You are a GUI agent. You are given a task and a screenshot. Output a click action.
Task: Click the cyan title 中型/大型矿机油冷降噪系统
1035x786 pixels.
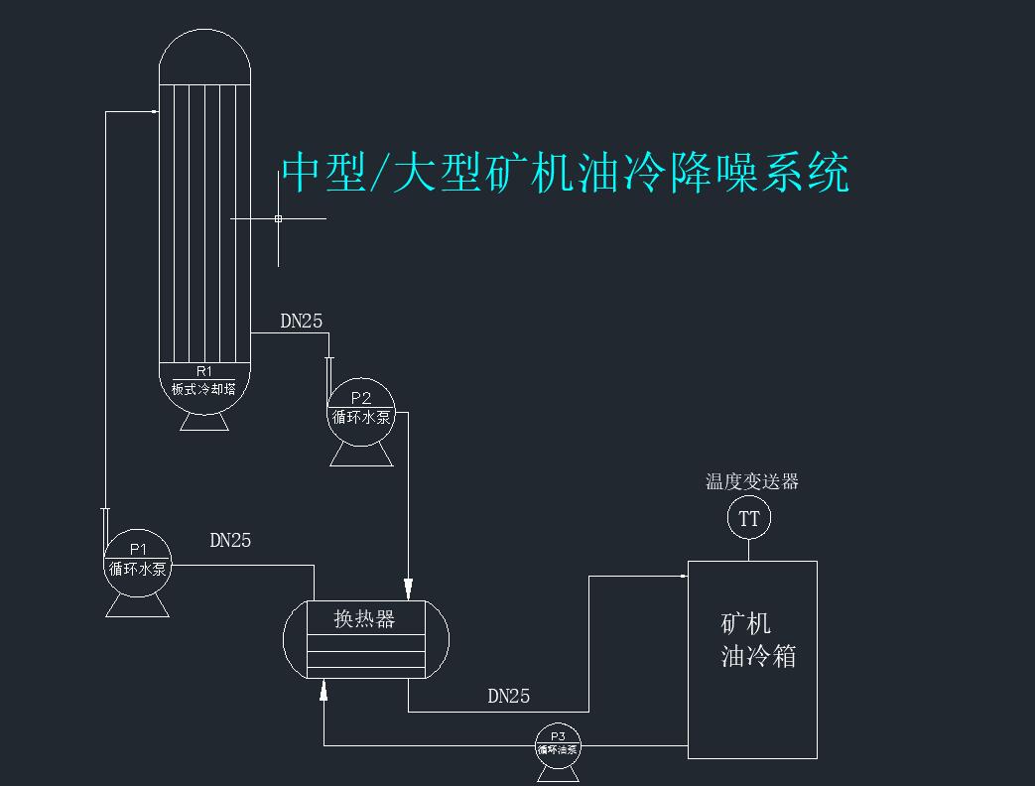tap(565, 173)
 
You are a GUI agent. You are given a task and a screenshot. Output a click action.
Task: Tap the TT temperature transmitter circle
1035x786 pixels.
tap(748, 518)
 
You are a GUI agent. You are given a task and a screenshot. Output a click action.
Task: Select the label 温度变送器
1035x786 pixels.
tap(752, 481)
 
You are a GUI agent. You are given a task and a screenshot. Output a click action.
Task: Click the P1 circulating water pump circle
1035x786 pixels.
tap(138, 563)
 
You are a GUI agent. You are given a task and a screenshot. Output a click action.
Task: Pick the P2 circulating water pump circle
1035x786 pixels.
tap(361, 412)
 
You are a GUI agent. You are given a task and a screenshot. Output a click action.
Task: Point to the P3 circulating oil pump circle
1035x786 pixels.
tap(558, 745)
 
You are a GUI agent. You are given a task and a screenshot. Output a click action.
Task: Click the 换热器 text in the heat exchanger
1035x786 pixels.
tap(364, 618)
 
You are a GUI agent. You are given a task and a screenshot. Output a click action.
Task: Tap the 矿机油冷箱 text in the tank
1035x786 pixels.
tap(758, 639)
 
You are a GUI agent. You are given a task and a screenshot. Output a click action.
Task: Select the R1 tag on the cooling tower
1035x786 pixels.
tap(204, 371)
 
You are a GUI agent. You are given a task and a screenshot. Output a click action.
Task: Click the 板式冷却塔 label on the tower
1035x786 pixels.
tap(203, 389)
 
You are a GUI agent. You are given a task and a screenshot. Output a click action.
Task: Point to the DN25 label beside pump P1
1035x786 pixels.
tap(230, 541)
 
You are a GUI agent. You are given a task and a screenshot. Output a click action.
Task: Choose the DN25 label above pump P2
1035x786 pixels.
tap(302, 321)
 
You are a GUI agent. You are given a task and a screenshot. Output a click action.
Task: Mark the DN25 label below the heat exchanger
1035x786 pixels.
tap(508, 696)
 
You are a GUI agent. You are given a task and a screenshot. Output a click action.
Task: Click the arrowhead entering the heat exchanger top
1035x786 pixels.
tap(409, 589)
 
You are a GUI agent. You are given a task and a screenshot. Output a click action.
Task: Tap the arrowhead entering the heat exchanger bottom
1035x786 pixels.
tap(323, 690)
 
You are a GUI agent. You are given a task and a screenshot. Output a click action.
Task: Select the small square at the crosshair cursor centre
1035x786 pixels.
tap(278, 218)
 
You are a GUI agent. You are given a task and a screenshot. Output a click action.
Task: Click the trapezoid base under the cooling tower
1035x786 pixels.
tap(204, 423)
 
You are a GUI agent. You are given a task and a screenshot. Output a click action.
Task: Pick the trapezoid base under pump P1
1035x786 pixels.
tap(137, 606)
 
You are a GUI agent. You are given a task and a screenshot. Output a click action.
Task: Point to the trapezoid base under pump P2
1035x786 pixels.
tap(361, 456)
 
